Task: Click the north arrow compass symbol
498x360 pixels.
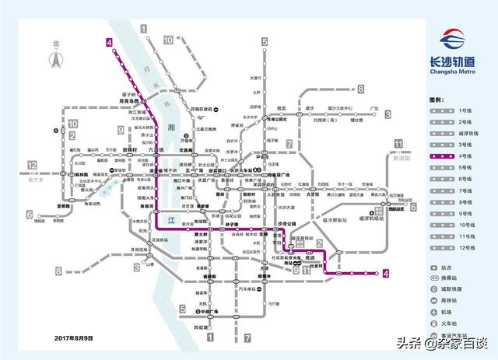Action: [55, 57]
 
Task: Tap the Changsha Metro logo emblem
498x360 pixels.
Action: [454, 44]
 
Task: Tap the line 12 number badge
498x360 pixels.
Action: [33, 165]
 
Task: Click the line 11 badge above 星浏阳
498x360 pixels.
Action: [398, 143]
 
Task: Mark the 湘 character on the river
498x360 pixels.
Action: [172, 125]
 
